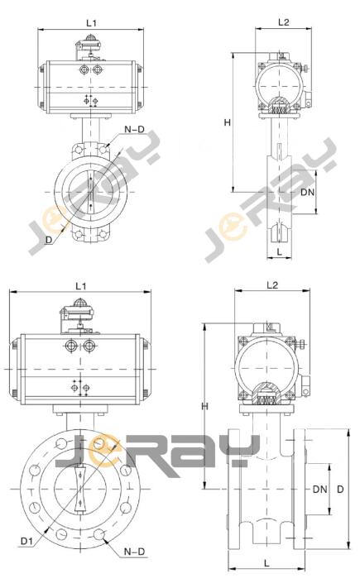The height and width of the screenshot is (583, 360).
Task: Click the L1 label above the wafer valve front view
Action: tap(91, 23)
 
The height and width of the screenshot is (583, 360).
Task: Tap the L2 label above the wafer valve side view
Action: tap(284, 22)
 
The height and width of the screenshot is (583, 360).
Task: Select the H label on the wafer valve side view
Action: tap(228, 122)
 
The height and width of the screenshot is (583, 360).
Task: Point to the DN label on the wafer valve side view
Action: tap(308, 192)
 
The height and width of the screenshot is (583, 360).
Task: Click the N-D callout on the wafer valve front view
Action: tap(134, 129)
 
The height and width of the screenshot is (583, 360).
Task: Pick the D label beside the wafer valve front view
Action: tap(49, 240)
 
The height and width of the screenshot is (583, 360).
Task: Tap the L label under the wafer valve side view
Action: tap(280, 251)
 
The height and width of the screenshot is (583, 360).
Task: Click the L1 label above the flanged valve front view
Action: tap(81, 286)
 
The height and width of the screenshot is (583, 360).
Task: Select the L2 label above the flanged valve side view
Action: tap(272, 285)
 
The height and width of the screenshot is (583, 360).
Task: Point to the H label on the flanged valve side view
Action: tap(204, 406)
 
